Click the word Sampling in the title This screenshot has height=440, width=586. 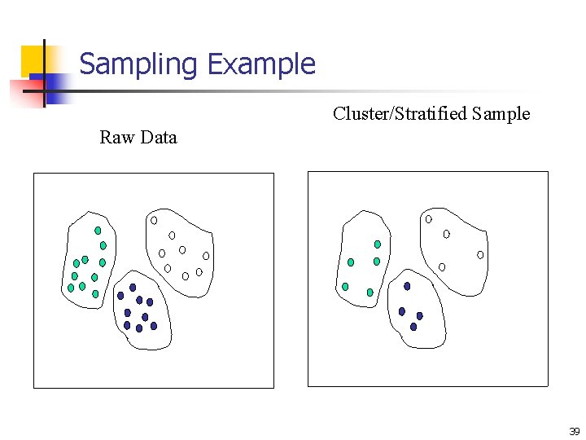[x=139, y=64]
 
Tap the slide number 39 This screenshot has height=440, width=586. [x=574, y=432]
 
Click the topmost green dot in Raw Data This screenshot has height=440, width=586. [x=98, y=231]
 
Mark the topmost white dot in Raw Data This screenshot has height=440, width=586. [x=154, y=220]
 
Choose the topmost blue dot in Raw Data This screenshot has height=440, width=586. [x=133, y=287]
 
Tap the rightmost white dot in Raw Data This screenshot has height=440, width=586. [x=206, y=256]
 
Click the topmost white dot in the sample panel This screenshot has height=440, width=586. [x=429, y=219]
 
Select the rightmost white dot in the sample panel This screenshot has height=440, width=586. [x=480, y=255]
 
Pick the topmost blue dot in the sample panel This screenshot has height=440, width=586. [x=407, y=286]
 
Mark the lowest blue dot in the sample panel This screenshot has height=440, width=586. [x=413, y=327]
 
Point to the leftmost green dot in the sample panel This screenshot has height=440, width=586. [x=345, y=287]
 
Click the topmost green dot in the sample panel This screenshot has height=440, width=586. [x=377, y=244]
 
